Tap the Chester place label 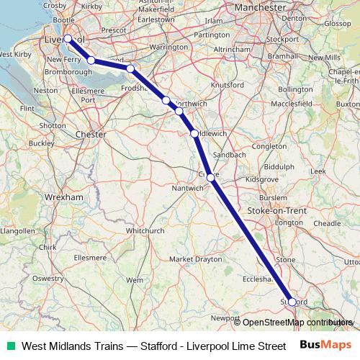[x=91, y=134]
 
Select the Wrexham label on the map [x=64, y=196]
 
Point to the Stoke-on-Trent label [x=276, y=210]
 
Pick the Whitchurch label [x=147, y=230]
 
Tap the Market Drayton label [x=192, y=258]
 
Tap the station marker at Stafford [x=292, y=302]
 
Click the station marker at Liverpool [x=68, y=39]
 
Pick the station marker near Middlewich [x=194, y=133]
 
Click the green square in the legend [x=9, y=346]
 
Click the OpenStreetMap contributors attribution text [x=297, y=323]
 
